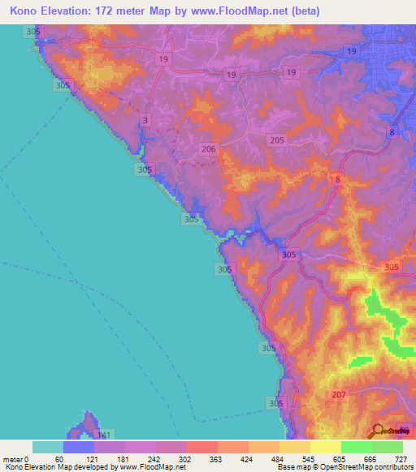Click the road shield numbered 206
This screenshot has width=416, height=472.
coord(209,149)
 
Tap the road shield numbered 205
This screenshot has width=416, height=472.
coord(277,140)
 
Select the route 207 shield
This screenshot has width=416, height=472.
coord(339,395)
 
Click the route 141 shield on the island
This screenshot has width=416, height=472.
coord(103,436)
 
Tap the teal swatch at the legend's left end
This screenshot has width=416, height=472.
coord(48,447)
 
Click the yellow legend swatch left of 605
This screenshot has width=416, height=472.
coord(325,447)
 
